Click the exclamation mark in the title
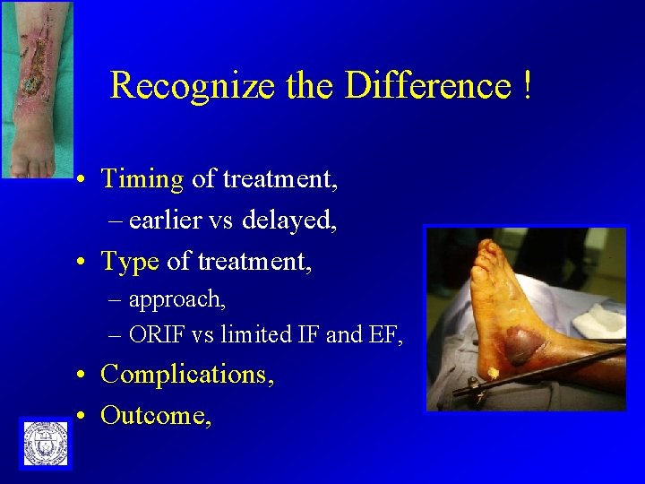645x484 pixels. coord(526,86)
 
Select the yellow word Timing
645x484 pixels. coord(142,179)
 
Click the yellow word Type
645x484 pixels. coord(130,261)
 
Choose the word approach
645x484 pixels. coord(176,298)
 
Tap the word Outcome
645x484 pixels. coord(156,415)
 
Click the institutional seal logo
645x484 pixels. coord(44,443)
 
